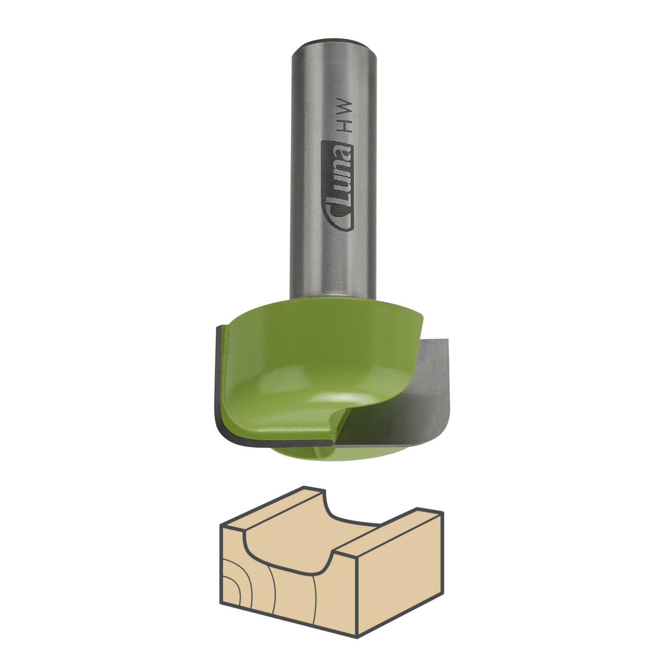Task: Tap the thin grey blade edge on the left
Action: (x=219, y=388)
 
